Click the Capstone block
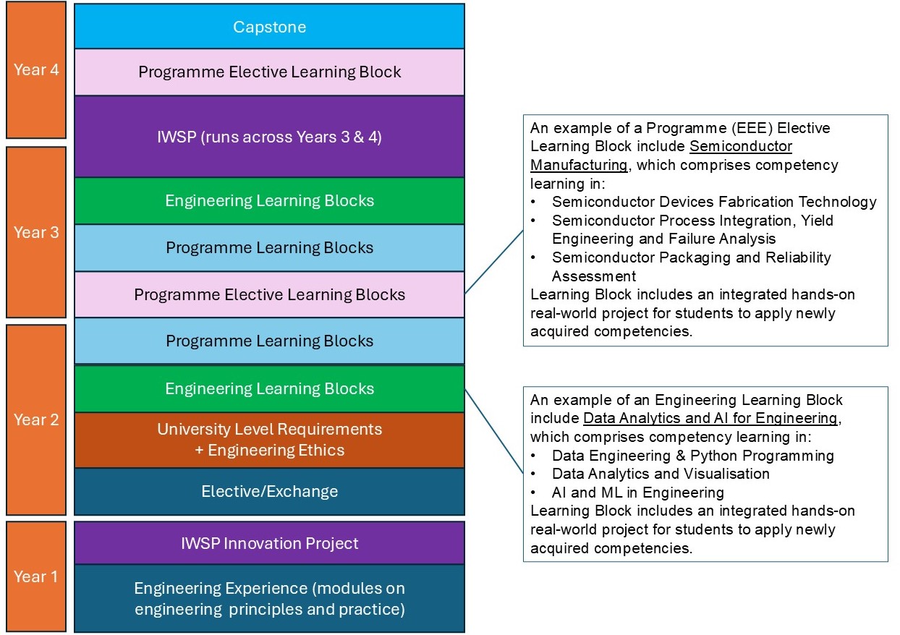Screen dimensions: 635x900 click(269, 27)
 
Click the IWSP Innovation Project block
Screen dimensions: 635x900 click(269, 543)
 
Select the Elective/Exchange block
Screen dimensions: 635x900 click(269, 492)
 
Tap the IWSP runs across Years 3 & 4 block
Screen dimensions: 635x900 click(269, 137)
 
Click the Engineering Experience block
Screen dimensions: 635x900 click(269, 599)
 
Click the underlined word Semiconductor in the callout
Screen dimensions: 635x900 click(741, 147)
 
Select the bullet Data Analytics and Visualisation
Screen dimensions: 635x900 click(661, 474)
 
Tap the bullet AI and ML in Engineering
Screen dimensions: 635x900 click(637, 493)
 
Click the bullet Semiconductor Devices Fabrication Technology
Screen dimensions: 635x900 click(713, 202)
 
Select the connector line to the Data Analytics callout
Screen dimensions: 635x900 click(493, 432)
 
